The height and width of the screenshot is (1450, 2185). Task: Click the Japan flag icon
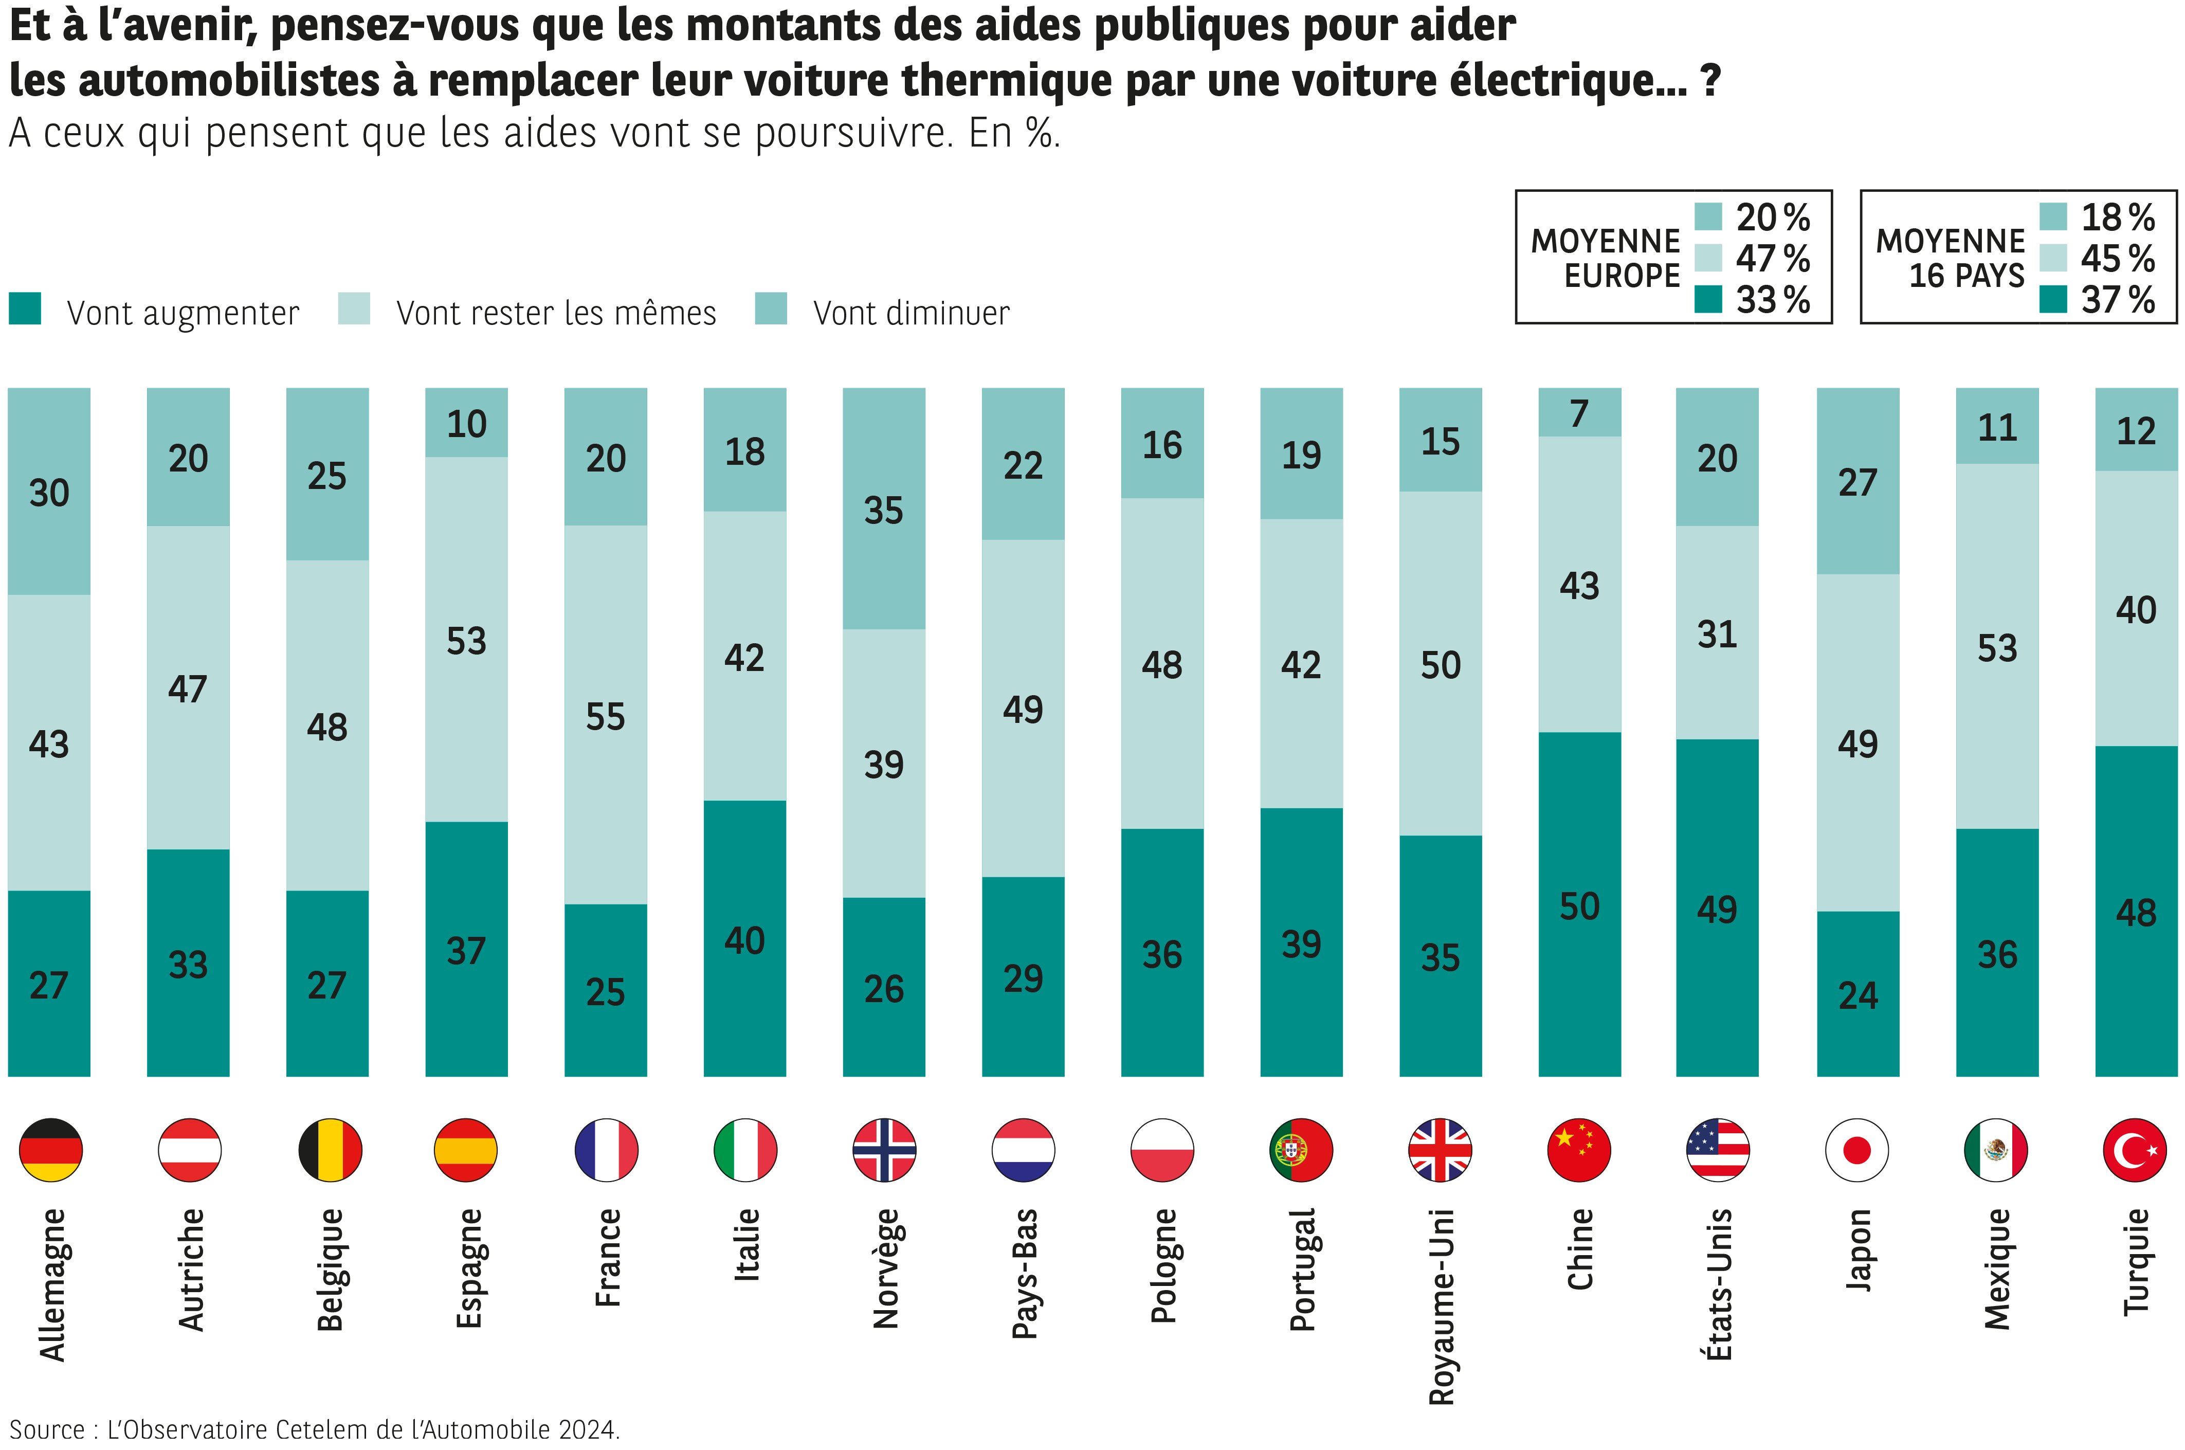click(x=1857, y=1150)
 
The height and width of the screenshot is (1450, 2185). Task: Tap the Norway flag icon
click(x=884, y=1150)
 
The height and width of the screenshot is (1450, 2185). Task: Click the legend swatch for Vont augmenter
click(x=25, y=309)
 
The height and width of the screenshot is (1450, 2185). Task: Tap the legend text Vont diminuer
click(x=911, y=314)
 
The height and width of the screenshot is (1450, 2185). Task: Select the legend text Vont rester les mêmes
click(x=556, y=314)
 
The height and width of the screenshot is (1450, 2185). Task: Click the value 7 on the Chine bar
click(x=1579, y=413)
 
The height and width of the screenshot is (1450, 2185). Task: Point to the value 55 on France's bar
click(x=606, y=717)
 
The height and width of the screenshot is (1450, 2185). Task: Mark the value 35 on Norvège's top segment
click(x=883, y=511)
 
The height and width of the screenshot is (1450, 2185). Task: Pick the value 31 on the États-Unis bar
click(x=1717, y=635)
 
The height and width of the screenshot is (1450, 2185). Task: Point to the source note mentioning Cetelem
click(x=315, y=1429)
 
